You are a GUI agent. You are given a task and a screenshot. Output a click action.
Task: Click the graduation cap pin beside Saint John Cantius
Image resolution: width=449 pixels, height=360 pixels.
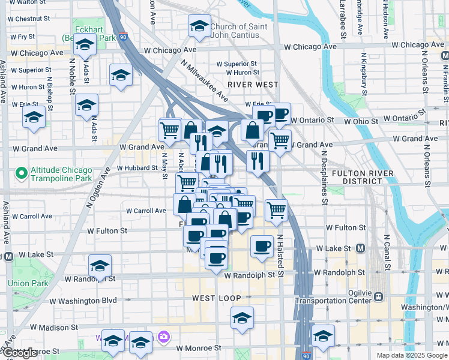tap(199, 26)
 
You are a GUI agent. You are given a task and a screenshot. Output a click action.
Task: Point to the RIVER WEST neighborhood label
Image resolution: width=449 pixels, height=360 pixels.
tap(253, 85)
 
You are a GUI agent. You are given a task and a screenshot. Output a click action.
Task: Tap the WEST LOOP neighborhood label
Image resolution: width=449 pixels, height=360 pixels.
tap(216, 298)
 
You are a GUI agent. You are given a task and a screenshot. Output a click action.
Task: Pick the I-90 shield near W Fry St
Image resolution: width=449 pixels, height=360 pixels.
tap(122, 36)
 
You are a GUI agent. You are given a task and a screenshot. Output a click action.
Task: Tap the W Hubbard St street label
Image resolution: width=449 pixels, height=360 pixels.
tap(137, 168)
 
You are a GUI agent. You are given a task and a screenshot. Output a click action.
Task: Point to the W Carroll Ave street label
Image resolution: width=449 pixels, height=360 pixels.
tap(146, 211)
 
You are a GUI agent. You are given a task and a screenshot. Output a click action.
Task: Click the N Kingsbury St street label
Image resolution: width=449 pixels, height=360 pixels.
tap(364, 75)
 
